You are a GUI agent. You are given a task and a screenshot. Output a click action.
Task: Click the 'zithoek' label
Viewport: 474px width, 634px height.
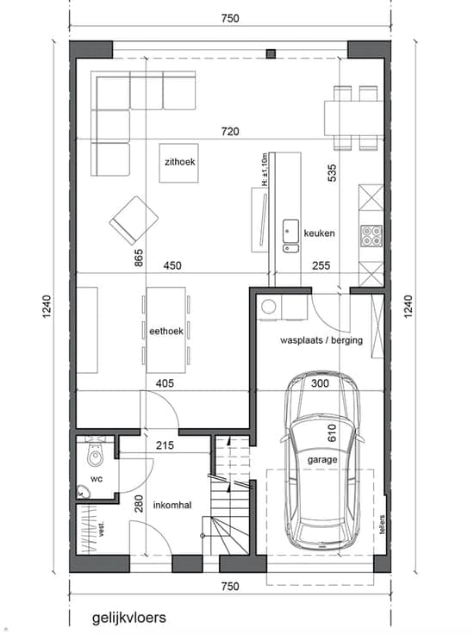(x=180, y=162)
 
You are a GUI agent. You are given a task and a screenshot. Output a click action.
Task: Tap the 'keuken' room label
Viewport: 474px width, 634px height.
(x=319, y=233)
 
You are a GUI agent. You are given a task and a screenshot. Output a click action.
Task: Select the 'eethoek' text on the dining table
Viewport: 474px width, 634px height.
(x=166, y=331)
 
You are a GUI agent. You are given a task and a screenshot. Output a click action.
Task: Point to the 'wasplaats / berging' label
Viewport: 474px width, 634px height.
(x=321, y=340)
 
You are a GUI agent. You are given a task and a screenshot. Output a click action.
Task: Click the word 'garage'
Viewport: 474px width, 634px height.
(x=322, y=460)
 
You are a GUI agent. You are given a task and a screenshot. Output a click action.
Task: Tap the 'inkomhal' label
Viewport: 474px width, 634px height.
(x=172, y=505)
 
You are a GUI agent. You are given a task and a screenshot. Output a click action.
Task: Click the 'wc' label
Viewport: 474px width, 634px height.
(x=97, y=479)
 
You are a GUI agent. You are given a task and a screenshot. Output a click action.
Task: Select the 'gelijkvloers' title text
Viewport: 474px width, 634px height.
(x=129, y=618)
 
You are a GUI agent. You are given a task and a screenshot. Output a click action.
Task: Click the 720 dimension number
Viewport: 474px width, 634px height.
(x=230, y=132)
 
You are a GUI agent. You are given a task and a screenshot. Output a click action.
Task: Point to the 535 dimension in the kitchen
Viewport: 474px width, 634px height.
(x=332, y=172)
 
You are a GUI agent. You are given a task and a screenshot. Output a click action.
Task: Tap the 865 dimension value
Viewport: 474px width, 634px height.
(x=138, y=258)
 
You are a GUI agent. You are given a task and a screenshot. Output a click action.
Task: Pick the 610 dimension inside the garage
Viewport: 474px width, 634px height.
(x=332, y=432)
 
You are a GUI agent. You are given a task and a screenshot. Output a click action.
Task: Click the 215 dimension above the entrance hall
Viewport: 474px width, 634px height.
(x=165, y=445)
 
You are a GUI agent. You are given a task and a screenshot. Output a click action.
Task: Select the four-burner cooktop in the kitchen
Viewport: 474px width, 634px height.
(x=371, y=236)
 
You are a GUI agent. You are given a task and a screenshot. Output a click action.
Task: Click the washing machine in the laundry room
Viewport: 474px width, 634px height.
(x=269, y=308)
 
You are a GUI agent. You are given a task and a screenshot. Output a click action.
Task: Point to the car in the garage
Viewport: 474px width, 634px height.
(x=322, y=461)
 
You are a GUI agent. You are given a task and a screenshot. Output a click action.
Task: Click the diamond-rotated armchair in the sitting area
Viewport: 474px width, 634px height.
(x=134, y=221)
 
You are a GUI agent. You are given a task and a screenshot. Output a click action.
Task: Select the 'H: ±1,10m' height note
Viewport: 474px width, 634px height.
(x=265, y=170)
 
